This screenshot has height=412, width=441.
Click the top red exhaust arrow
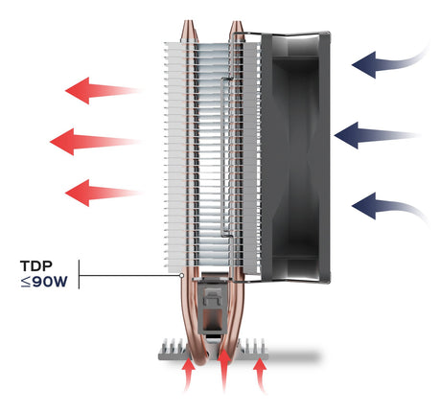click(x=103, y=91)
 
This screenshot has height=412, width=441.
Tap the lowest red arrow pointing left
click(x=103, y=193)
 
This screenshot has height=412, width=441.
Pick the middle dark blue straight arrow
click(x=376, y=135)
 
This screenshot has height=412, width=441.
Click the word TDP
click(x=36, y=265)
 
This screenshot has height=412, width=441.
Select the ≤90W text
click(x=44, y=282)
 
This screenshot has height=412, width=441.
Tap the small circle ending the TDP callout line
click(x=181, y=275)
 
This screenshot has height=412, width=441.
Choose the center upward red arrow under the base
click(x=224, y=369)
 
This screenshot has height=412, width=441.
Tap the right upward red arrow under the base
click(x=260, y=375)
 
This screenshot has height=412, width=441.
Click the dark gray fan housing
click(x=294, y=156)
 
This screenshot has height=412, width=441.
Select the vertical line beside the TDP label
click(x=79, y=274)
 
